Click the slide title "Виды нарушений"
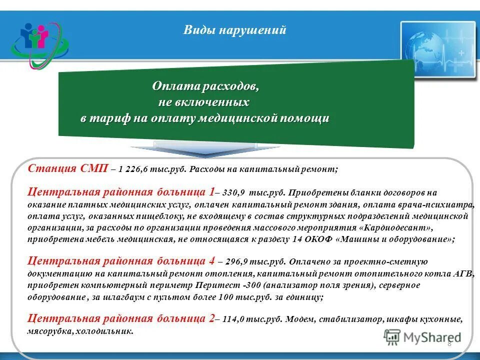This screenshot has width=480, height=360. [234, 30]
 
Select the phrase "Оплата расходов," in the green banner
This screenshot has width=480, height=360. [205, 86]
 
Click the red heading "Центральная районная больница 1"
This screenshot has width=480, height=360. [120, 191]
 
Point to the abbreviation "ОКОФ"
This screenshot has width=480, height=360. [320, 239]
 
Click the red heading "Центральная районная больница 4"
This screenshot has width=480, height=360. [121, 260]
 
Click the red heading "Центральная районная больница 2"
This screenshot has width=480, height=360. [120, 318]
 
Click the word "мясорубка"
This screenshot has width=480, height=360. [49, 330]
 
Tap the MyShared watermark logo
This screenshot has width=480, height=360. [423, 337]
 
